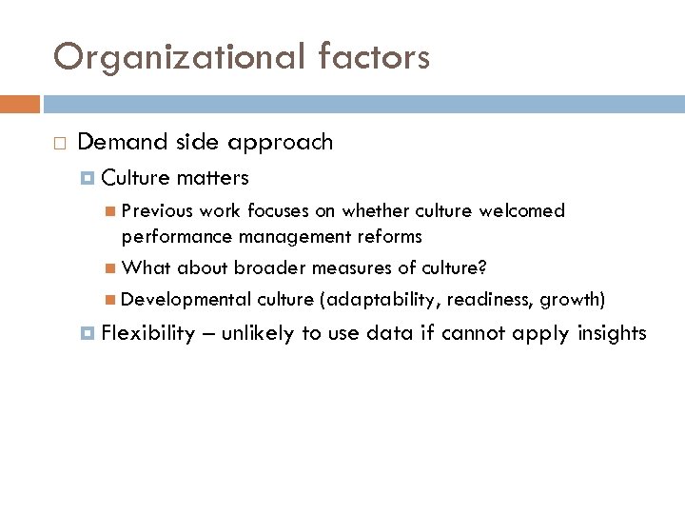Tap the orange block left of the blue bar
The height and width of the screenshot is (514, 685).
(x=20, y=103)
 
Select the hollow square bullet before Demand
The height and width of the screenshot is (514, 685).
(x=59, y=144)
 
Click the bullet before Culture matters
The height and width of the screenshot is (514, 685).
(x=88, y=178)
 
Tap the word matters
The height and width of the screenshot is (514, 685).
(x=212, y=177)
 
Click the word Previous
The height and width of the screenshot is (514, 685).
(x=156, y=210)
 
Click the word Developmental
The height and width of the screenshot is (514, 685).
(x=186, y=300)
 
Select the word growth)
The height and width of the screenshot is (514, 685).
(x=572, y=300)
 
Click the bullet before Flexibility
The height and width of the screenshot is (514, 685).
(x=88, y=333)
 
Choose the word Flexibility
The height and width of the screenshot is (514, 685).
(x=147, y=333)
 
